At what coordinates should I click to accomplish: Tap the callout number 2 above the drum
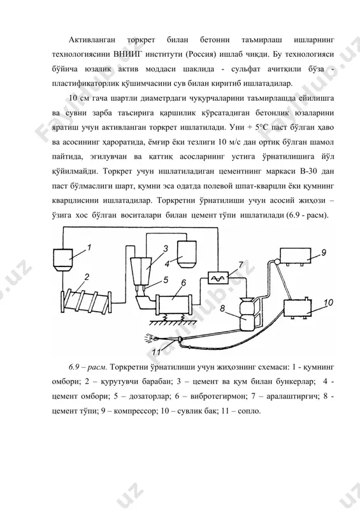coord(87,277)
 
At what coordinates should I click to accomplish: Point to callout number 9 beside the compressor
coord(323,252)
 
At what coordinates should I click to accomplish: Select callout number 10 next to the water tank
coord(328,303)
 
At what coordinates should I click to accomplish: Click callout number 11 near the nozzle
coord(157,352)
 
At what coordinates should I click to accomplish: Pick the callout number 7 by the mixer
coord(241,265)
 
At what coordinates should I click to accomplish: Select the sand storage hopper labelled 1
coord(63,259)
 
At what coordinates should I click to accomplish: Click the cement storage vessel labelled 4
coord(187,254)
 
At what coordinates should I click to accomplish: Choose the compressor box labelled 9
coord(295,256)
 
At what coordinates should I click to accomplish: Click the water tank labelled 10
coord(298,309)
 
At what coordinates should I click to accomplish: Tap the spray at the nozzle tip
coord(152,337)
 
